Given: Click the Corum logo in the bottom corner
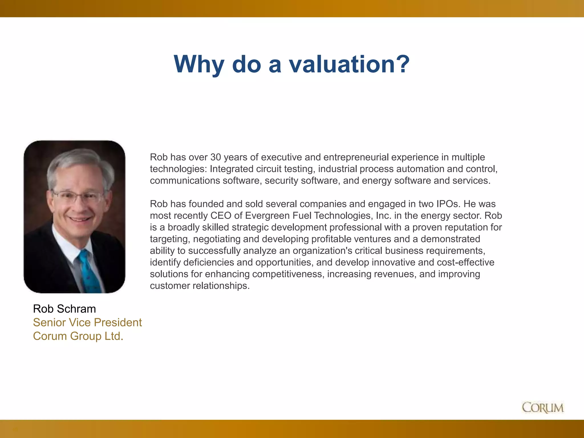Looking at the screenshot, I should tap(543, 407).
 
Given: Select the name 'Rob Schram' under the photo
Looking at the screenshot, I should tap(64, 309).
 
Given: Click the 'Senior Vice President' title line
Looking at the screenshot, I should tap(87, 323).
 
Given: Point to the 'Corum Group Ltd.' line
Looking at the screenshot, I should tap(78, 336).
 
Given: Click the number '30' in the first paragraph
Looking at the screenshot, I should tap(216, 157).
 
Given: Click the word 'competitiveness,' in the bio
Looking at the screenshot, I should tap(288, 274).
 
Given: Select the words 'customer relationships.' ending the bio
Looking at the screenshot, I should tap(200, 286).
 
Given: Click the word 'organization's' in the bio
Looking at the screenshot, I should tap(323, 251).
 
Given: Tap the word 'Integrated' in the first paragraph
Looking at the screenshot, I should tap(232, 169).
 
